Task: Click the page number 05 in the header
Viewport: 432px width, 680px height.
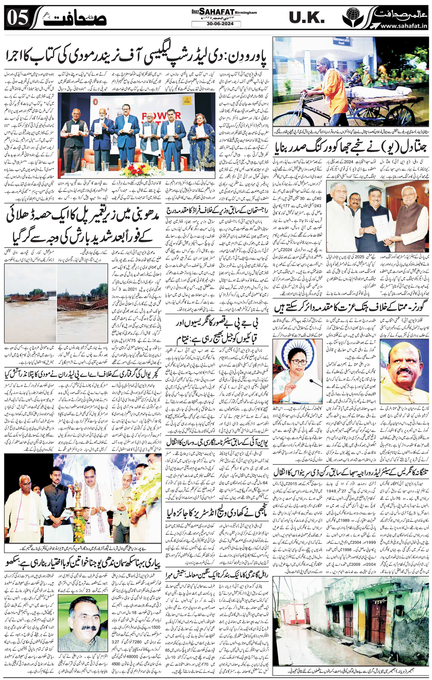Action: coord(18,18)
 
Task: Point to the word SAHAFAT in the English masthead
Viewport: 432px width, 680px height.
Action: coord(217,12)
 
